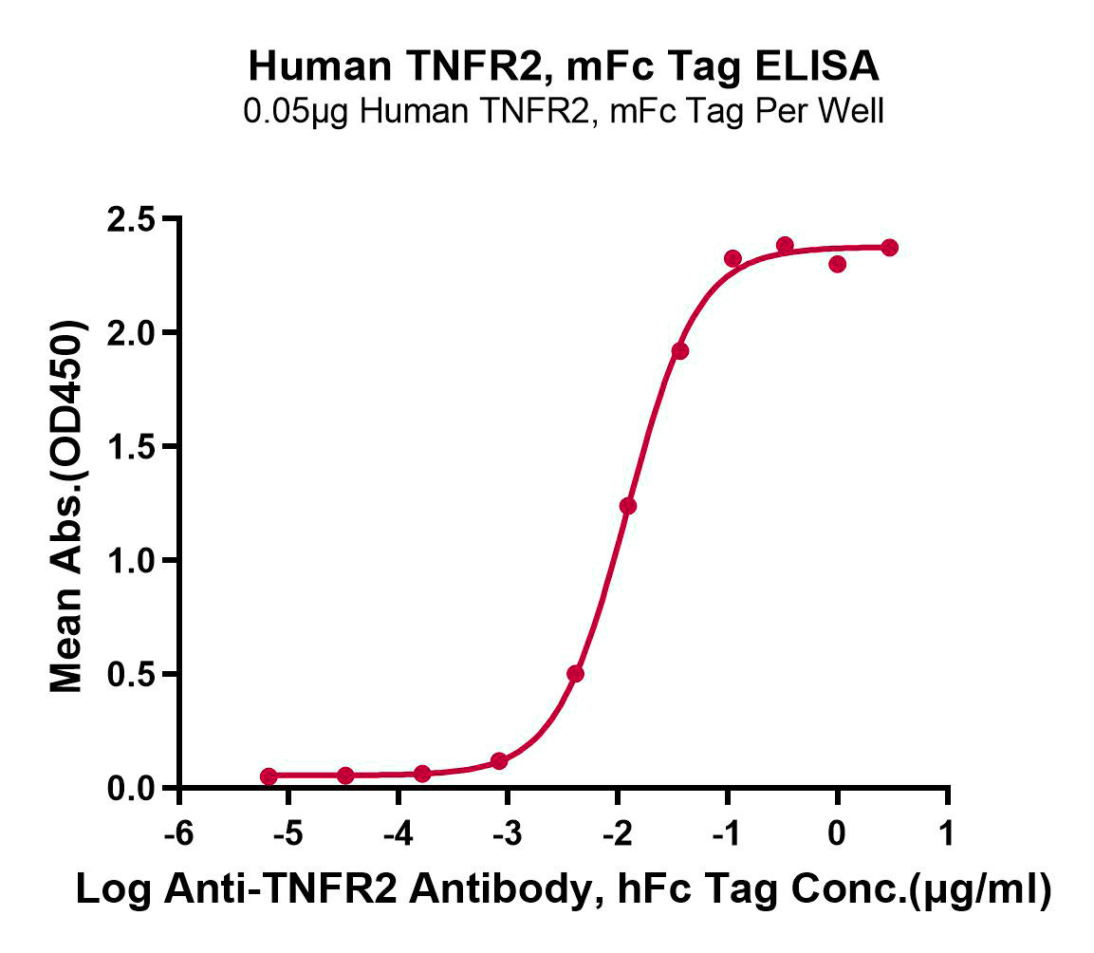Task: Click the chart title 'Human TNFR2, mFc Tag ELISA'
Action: pyautogui.click(x=564, y=67)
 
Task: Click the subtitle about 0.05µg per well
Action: pyautogui.click(x=564, y=111)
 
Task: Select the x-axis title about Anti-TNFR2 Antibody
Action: pyautogui.click(x=564, y=892)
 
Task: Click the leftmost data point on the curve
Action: pyautogui.click(x=269, y=776)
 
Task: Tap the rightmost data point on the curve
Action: pyautogui.click(x=889, y=248)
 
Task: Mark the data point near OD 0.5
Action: pyautogui.click(x=575, y=674)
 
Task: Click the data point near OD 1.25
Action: pyautogui.click(x=628, y=506)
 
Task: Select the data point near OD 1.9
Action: pyautogui.click(x=680, y=351)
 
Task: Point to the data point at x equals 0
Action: pyautogui.click(x=837, y=264)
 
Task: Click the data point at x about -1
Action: pyautogui.click(x=732, y=258)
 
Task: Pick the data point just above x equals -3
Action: pyautogui.click(x=499, y=761)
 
